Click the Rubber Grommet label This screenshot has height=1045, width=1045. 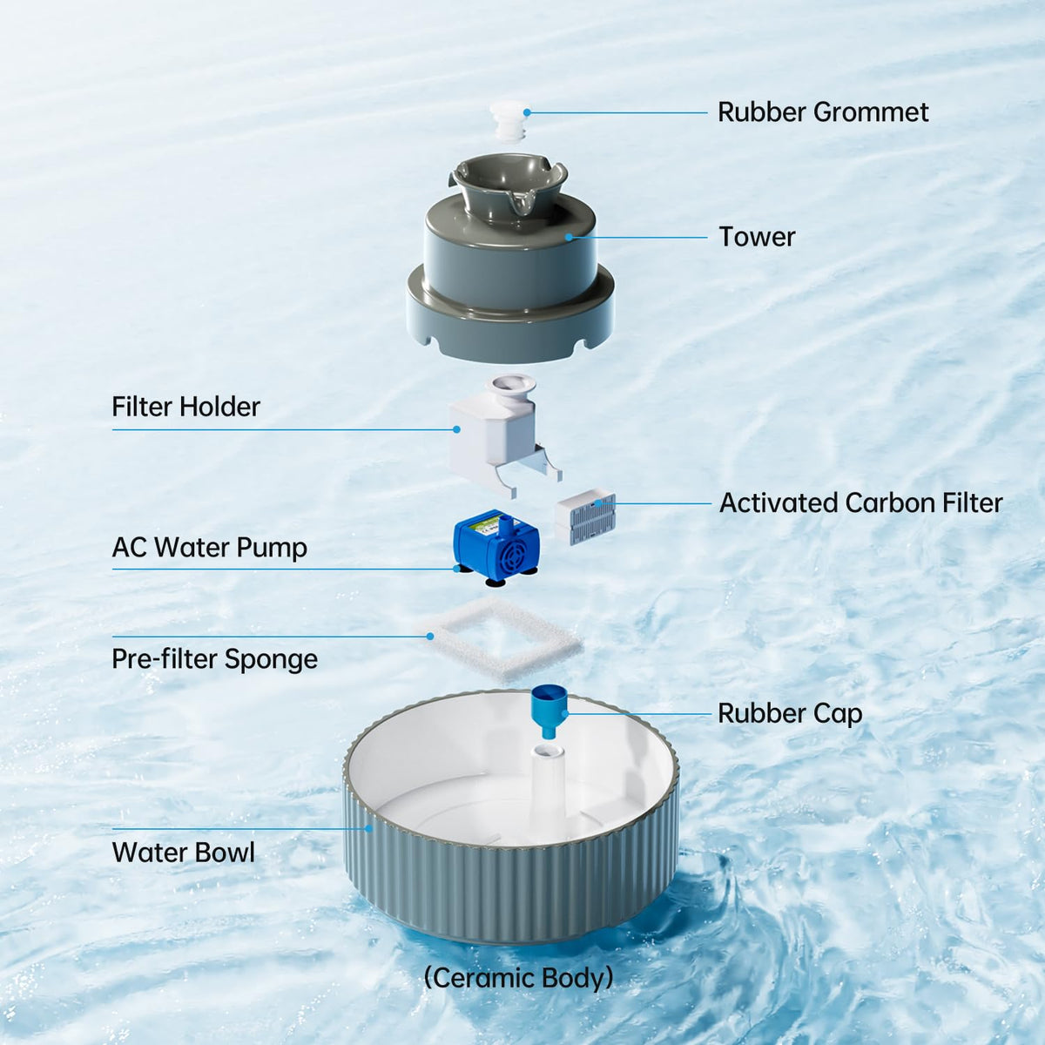[x=823, y=112]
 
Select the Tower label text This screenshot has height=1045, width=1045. [x=757, y=237]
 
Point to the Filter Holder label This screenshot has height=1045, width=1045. [x=186, y=407]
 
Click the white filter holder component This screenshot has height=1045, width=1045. [x=502, y=435]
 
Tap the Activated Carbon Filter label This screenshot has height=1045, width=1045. [x=860, y=502]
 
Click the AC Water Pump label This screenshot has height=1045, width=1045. [x=209, y=547]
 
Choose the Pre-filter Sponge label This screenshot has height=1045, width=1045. [x=215, y=660]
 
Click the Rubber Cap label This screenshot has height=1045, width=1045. [x=790, y=714]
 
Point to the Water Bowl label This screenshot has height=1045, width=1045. [x=183, y=853]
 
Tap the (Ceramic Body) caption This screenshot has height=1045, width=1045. [x=518, y=978]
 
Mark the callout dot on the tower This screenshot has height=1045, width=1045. [x=569, y=237]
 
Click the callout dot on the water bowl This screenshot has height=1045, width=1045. [x=368, y=829]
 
